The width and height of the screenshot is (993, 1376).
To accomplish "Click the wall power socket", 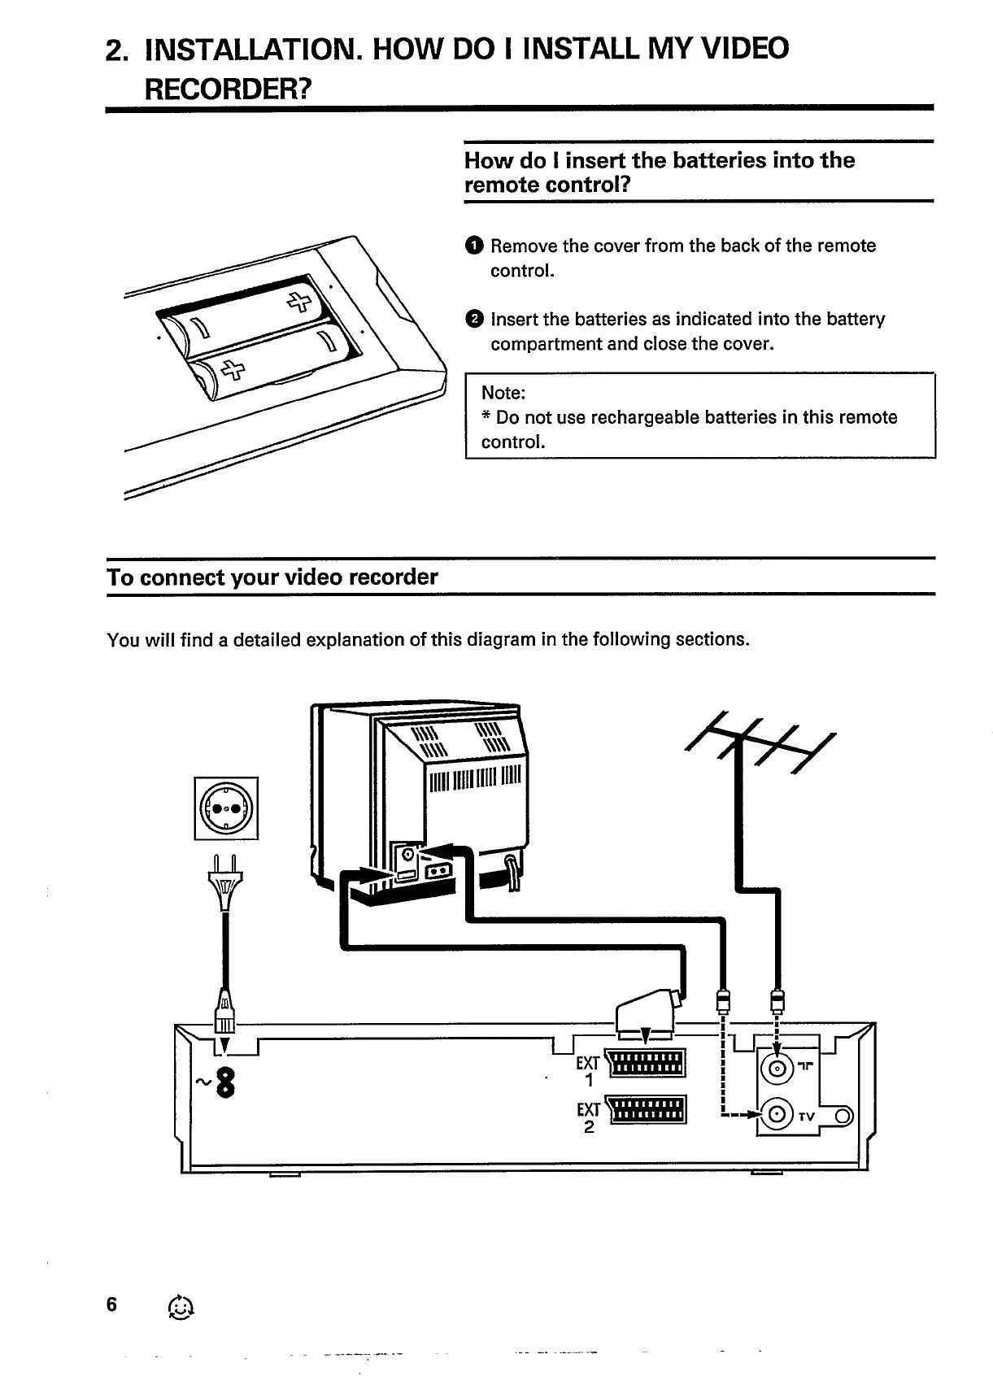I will [226, 808].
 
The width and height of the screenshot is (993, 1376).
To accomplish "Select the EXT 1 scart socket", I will [649, 1062].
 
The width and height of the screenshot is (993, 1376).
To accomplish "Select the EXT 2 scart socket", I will [649, 1109].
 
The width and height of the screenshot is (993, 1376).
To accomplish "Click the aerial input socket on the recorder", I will [778, 1068].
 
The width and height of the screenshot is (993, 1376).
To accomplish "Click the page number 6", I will [111, 1304].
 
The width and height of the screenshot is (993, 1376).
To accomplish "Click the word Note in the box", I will [503, 393].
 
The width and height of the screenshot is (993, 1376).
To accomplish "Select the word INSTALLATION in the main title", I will [252, 49].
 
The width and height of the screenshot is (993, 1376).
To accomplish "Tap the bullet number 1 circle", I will [475, 246].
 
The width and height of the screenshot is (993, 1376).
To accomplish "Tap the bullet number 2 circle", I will [475, 320].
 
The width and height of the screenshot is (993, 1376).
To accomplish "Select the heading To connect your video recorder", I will [272, 577].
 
